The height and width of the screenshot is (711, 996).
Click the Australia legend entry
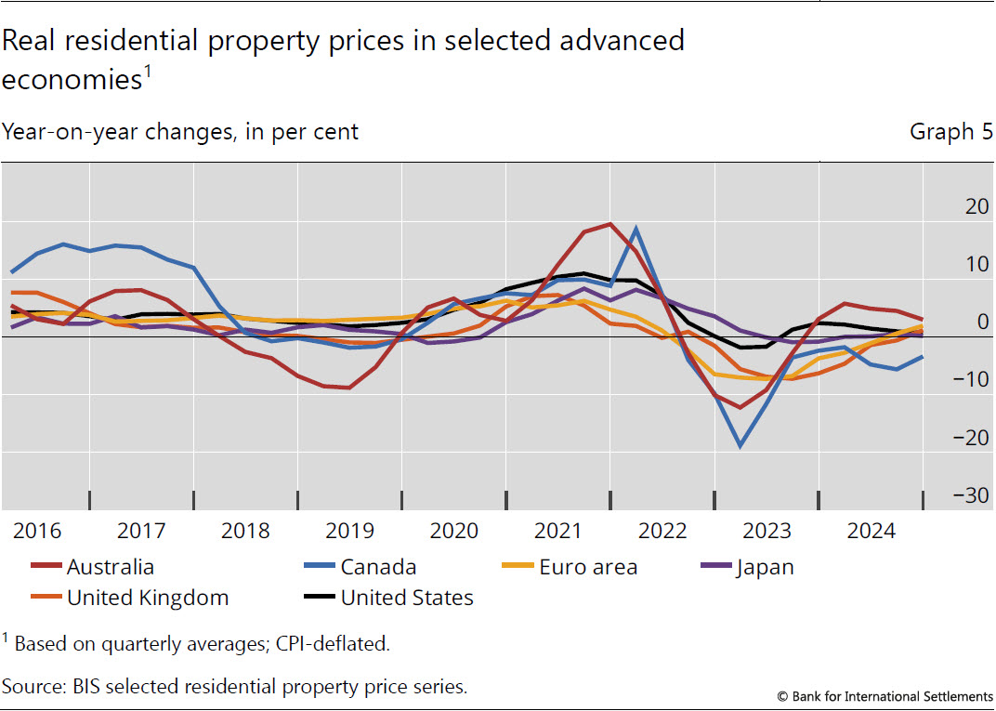pos(110,567)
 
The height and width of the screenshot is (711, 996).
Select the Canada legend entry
pos(378,567)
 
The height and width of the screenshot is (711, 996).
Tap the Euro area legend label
pos(588,567)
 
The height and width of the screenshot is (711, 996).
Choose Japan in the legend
pos(766,567)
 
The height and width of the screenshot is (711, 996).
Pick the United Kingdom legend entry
pos(148,598)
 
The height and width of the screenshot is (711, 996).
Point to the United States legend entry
pos(407,598)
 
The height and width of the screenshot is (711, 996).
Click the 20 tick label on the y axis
pos(976,206)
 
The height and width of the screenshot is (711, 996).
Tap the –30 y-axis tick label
pos(971,495)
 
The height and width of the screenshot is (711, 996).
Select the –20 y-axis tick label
pos(971,438)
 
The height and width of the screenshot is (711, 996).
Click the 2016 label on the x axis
pos(37,531)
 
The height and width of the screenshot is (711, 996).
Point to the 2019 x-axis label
pos(349,531)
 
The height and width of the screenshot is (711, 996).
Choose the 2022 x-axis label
pos(662,531)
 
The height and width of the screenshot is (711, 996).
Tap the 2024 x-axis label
pos(870,531)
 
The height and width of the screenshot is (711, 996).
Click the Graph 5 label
pos(950,132)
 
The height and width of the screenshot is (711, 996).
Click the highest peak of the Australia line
pos(609,224)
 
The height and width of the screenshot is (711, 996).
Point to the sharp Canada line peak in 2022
pos(636,228)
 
